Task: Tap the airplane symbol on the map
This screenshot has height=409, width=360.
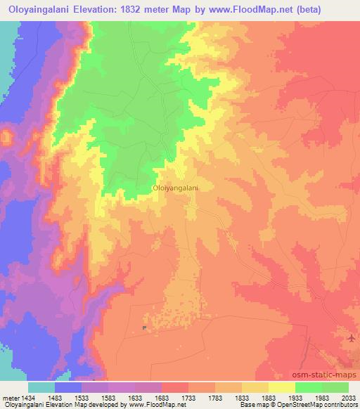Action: click(351, 339)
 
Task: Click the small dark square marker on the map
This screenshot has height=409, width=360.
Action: click(145, 327)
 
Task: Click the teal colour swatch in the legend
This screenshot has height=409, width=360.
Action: click(41, 387)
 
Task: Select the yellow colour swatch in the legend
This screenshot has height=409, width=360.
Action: click(281, 387)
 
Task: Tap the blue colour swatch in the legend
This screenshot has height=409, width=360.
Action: click(68, 387)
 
